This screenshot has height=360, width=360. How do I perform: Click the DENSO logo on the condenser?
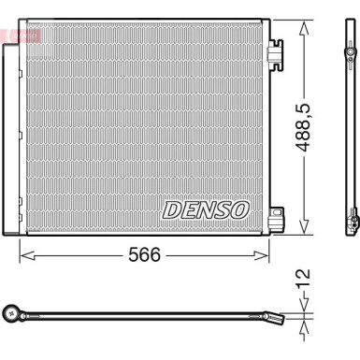206,210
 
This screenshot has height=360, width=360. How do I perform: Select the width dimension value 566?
144,255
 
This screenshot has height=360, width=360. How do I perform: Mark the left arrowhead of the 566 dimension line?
23,254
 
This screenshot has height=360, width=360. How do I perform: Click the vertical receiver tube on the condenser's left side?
15,140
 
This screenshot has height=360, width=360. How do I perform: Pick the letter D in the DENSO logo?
173,210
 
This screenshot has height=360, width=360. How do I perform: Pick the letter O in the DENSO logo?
239,210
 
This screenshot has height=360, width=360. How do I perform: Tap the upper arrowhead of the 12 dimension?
304,310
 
